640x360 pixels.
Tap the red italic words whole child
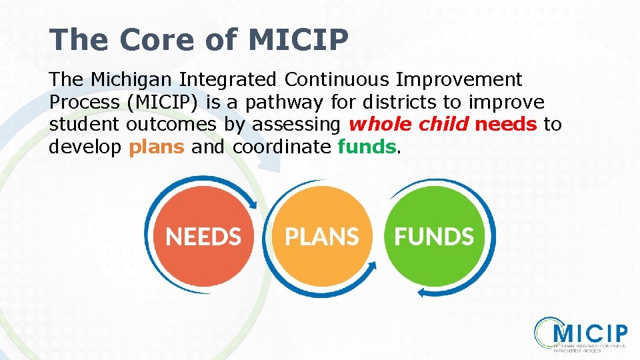tap(409, 125)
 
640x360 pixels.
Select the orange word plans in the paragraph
tap(156, 147)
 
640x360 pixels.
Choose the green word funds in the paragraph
tap(367, 147)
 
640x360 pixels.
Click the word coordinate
tap(281, 147)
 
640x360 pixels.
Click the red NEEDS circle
tap(203, 236)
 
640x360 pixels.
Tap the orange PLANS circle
tap(321, 236)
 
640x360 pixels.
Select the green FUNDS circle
tap(434, 236)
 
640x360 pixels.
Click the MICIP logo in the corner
tap(581, 335)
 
